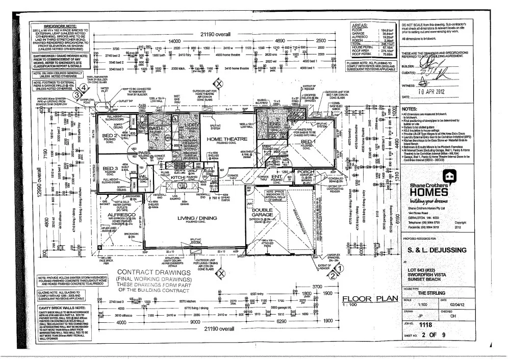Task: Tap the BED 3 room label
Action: coord(111,169)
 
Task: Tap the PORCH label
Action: coord(306,171)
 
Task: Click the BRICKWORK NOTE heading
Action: coord(60,25)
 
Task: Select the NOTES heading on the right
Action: coord(412,109)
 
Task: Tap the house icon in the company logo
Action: coord(448,177)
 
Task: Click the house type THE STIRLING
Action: coord(432,293)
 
